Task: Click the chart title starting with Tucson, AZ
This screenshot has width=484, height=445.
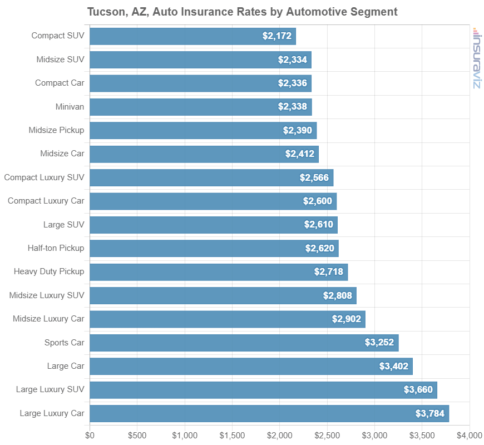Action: (242, 12)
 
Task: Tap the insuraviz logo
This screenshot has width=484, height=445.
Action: (476, 58)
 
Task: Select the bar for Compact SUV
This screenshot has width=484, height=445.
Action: (192, 36)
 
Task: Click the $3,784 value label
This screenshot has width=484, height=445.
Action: (430, 413)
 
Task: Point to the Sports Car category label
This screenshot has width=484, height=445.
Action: (64, 342)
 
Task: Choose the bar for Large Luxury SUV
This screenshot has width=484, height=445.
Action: (263, 390)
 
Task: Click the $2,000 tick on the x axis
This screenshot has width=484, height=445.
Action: (280, 434)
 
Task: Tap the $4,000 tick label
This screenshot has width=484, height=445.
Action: (470, 434)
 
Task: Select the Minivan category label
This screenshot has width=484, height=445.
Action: (70, 106)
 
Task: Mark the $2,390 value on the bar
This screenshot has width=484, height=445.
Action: (298, 130)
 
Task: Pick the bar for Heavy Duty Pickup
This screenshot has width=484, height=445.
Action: (219, 272)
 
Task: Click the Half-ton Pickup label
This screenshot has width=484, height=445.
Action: (56, 248)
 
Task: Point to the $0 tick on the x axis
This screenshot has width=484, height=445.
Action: (90, 434)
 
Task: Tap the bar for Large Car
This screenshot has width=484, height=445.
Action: (251, 367)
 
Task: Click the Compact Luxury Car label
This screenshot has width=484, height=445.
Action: (46, 201)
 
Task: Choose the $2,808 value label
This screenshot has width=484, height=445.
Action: (338, 295)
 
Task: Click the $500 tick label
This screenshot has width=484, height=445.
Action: (137, 434)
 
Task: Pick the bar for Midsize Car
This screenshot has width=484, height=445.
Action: (204, 154)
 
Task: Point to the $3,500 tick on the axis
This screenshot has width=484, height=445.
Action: (422, 434)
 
